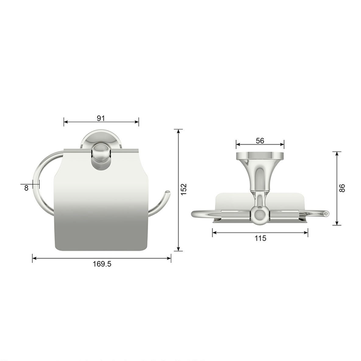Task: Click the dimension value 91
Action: coord(101,118)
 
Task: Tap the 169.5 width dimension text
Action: coord(102,264)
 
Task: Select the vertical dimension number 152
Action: coord(184,189)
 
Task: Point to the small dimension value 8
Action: coord(26,188)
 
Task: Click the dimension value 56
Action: coord(260,141)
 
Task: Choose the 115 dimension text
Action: coord(260,238)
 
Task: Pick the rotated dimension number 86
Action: coord(342,188)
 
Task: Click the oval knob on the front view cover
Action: coord(101,156)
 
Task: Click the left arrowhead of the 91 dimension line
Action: coord(66,122)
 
